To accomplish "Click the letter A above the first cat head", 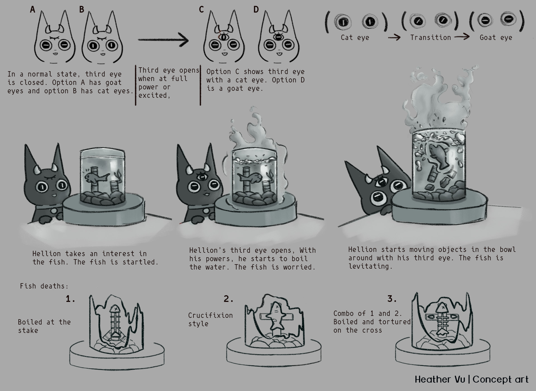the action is click(x=33, y=9).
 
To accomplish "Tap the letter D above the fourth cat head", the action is click(x=256, y=9).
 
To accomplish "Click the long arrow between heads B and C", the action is click(x=163, y=40).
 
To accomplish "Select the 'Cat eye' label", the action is click(x=355, y=38).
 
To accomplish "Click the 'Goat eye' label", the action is click(x=496, y=38).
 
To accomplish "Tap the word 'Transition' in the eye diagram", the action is click(x=430, y=37).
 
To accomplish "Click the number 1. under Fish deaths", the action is click(x=71, y=299).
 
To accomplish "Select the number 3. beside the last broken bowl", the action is click(x=392, y=299).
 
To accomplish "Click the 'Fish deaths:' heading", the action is click(x=44, y=286).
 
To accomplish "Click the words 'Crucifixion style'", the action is click(x=210, y=320).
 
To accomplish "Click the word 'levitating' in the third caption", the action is click(x=370, y=266).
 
